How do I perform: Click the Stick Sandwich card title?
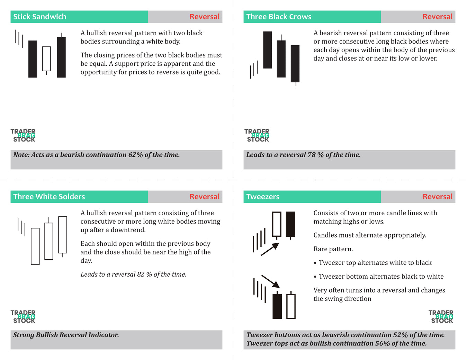point(39,17)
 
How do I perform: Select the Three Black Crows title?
point(278,17)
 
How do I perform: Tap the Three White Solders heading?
point(49,197)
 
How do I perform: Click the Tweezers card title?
point(262,197)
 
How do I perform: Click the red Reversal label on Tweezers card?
point(437,197)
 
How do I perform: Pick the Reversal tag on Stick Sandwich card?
point(204,17)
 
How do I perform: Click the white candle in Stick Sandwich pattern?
point(46,59)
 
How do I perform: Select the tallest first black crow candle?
point(268,50)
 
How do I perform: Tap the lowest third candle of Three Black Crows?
point(295,64)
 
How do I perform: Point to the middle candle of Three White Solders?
point(49,241)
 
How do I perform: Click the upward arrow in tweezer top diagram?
point(270,249)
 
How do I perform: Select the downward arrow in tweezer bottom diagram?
point(270,281)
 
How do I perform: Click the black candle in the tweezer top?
point(290,224)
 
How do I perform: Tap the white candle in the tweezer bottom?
point(291,306)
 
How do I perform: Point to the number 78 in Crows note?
point(311,155)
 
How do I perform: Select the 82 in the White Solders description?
point(141,274)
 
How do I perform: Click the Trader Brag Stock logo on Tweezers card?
point(441,316)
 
